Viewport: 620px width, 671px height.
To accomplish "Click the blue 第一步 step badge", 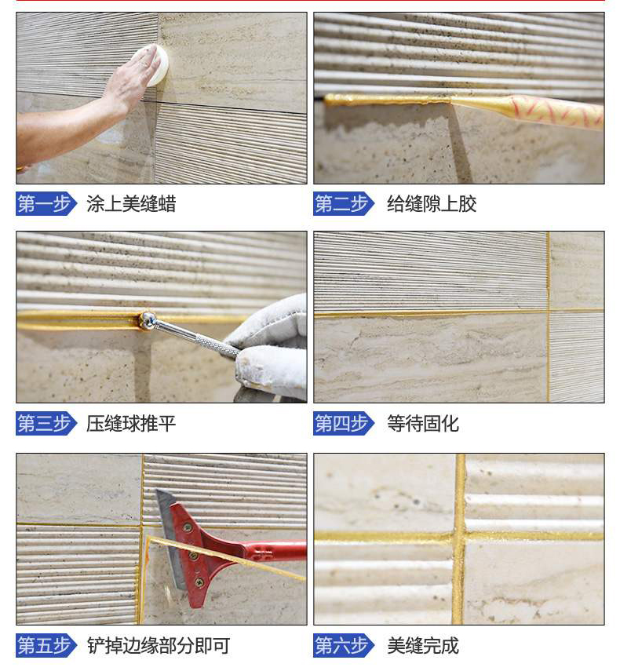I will coord(46,204).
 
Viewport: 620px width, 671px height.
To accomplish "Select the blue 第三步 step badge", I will coord(46,425).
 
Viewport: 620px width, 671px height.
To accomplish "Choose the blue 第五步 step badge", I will coord(46,646).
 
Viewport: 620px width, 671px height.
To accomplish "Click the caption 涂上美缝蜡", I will coord(131,205).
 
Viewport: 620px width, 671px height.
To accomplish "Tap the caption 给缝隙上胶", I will coord(431,205).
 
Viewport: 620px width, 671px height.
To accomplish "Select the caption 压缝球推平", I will coord(131,425).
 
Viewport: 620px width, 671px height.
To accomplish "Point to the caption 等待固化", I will coord(422,425).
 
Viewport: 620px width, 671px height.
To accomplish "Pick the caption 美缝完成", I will coord(422,646).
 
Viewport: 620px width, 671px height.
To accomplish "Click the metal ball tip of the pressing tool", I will coord(147,319).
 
